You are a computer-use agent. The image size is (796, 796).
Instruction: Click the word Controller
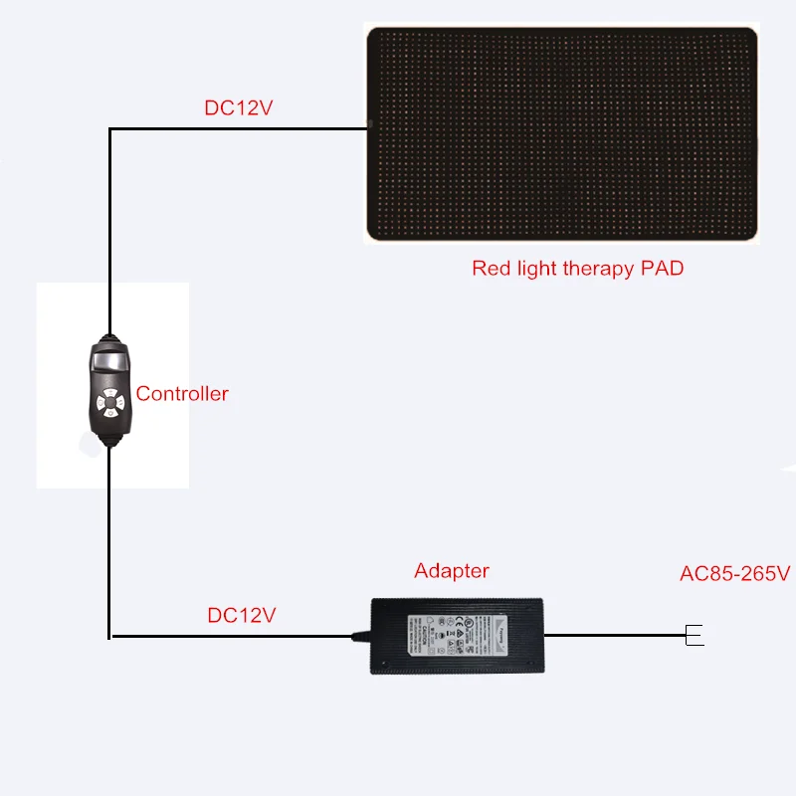182,394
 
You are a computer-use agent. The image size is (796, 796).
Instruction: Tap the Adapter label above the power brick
452,571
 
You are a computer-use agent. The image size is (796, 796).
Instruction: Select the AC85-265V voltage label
734,574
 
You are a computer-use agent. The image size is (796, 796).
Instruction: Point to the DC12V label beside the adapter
242,615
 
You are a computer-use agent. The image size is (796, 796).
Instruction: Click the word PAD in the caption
661,269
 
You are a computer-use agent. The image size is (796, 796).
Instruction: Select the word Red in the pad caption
490,269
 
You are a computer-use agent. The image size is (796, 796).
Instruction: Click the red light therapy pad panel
561,133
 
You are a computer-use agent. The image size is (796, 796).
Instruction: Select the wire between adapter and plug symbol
612,635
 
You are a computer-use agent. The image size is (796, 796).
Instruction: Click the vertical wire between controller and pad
108,229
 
